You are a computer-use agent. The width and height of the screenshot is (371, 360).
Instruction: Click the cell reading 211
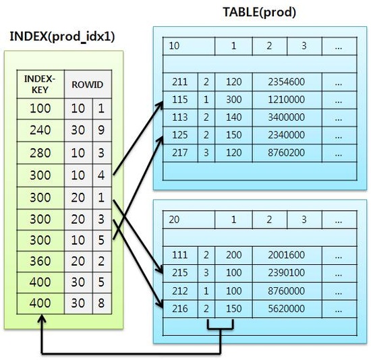(x=179, y=82)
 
